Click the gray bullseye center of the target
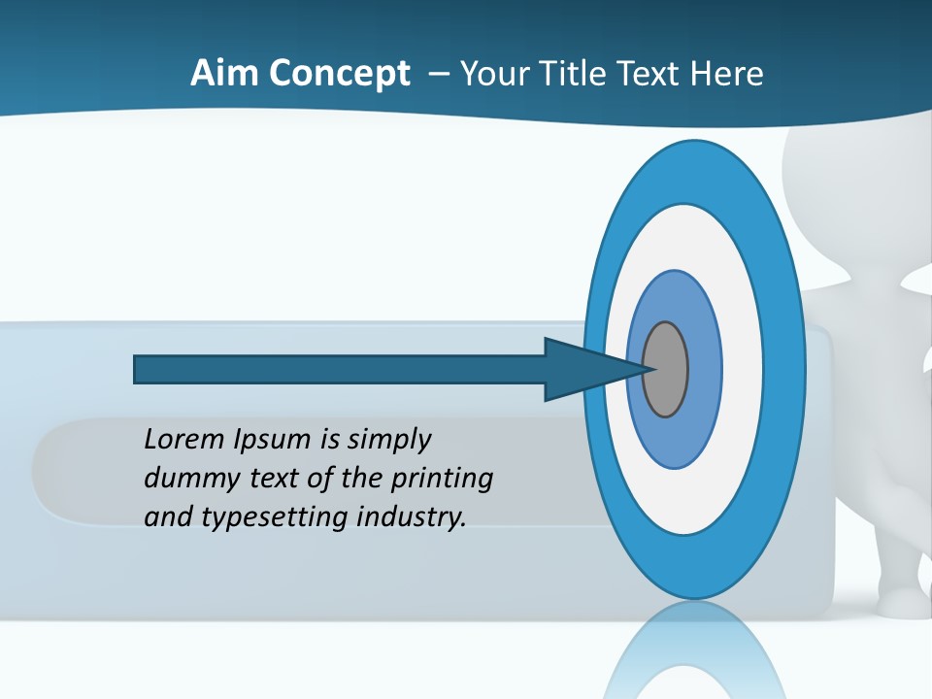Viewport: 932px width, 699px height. click(x=665, y=370)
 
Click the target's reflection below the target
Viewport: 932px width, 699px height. click(x=694, y=650)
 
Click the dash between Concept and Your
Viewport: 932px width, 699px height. click(x=438, y=74)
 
